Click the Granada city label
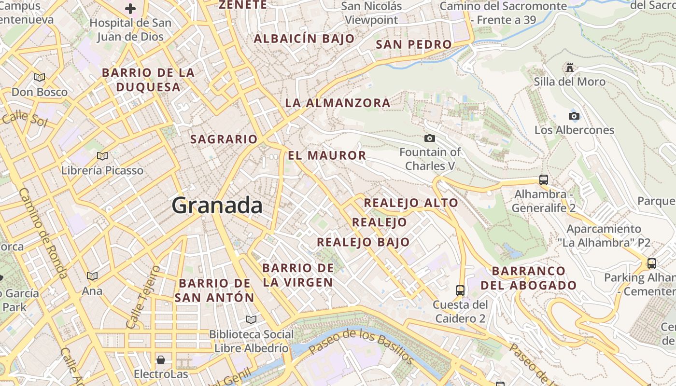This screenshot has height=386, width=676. (217, 206)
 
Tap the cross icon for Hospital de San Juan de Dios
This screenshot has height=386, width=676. (130, 9)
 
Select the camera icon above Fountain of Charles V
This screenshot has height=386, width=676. (429, 138)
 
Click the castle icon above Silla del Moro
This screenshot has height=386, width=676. (570, 68)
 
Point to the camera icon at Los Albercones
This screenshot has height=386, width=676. (574, 116)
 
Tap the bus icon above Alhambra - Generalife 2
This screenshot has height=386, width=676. (544, 180)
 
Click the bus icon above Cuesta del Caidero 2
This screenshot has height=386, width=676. (460, 290)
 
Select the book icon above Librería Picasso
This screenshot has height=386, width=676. (102, 156)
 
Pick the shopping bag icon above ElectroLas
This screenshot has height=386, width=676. (161, 360)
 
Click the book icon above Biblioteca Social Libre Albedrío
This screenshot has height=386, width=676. (251, 319)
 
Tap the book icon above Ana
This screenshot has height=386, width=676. (92, 276)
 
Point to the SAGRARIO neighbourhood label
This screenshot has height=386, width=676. (224, 139)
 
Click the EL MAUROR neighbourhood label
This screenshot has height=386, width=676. (327, 155)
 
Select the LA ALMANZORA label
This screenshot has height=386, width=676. (338, 103)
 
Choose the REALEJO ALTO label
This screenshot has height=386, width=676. (411, 203)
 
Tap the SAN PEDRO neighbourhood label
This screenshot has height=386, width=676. (414, 44)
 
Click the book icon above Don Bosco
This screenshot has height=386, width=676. (40, 77)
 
